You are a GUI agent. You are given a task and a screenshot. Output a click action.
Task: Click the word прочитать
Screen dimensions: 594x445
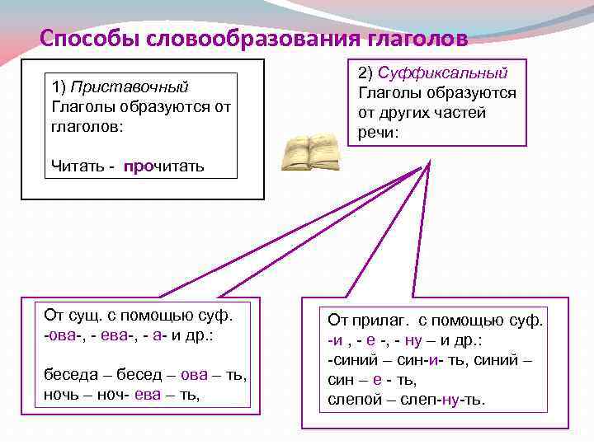tap(163, 167)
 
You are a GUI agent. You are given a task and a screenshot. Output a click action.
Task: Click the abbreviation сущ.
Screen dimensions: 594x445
tap(85, 315)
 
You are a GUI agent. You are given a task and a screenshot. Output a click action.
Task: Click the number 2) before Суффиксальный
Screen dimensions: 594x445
tap(367, 73)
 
